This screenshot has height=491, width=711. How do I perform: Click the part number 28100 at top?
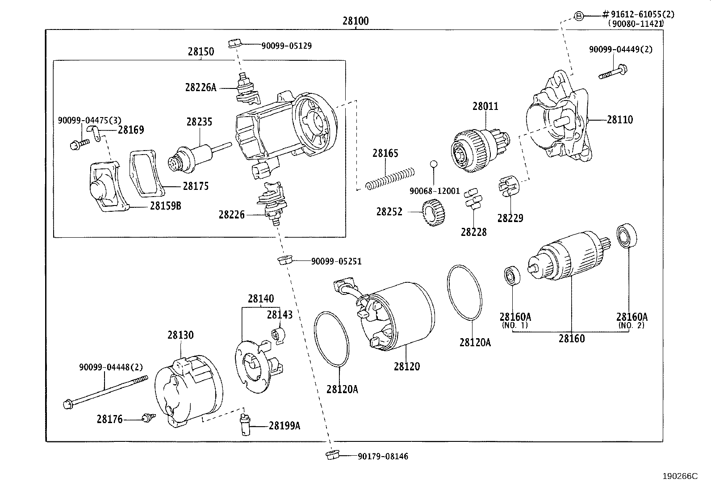click(355, 21)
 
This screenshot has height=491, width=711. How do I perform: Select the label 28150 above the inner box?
click(201, 51)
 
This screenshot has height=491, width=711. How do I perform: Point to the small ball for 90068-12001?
click(433, 164)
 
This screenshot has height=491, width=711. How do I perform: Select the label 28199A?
click(284, 426)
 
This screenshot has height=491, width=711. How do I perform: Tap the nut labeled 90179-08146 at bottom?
click(332, 456)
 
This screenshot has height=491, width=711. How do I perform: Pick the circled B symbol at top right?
click(579, 16)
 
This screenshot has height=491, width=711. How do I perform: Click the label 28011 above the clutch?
click(485, 106)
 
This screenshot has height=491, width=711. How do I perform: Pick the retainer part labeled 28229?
click(508, 186)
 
